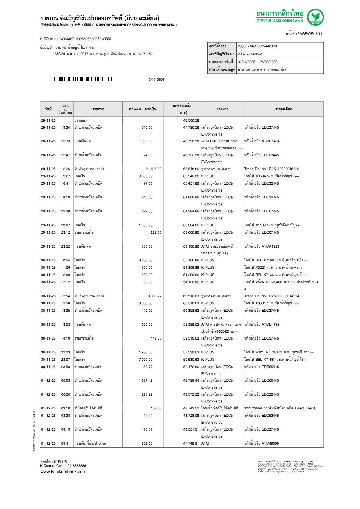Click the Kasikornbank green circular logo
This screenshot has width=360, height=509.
[315, 17]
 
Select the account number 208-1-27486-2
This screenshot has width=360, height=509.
[250, 54]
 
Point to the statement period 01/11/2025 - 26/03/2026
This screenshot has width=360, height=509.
[258, 62]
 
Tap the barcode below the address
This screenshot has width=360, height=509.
[83, 79]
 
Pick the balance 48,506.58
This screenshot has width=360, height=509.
[191, 120]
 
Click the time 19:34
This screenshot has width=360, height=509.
[65, 127]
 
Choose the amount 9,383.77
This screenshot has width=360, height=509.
[154, 296]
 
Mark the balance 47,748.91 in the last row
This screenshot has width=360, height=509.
[191, 443]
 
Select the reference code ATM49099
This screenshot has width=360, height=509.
[270, 443]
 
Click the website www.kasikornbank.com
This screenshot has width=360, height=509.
[63, 472]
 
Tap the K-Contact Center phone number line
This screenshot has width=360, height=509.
[63, 466]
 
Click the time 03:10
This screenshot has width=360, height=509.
[65, 408]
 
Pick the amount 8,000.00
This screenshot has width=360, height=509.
[145, 260]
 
